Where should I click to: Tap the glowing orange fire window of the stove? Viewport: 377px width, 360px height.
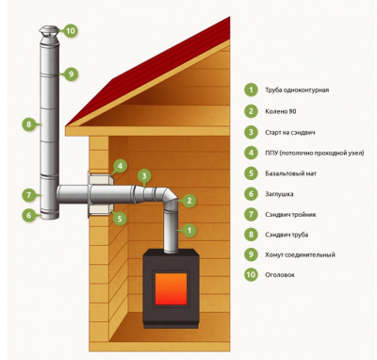pos(172,289)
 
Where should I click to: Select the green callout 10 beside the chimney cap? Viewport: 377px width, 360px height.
pos(71,31)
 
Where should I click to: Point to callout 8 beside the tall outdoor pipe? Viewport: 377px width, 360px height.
pos(29,124)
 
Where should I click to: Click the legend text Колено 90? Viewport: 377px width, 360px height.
pos(281,111)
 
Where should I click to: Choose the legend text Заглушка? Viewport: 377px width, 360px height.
pos(279,194)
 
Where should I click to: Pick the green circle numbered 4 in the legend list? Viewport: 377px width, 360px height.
pos(251,153)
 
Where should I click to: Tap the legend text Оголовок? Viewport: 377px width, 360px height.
pos(280,275)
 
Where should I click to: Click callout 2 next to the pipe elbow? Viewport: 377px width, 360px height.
pos(189,201)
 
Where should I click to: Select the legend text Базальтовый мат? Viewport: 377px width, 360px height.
pos(290,173)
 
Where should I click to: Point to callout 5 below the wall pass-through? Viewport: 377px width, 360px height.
pos(120,218)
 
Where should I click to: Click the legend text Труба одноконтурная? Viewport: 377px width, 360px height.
pos(297,90)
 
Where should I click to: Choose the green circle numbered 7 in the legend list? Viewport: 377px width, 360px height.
pos(251,214)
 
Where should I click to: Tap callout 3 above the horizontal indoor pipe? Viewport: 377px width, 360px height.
pos(144,176)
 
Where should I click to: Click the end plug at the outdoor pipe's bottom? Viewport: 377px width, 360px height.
pos(49,216)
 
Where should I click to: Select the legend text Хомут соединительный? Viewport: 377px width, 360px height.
pos(300,254)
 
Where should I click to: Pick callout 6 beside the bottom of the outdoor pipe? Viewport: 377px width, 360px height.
pos(29,215)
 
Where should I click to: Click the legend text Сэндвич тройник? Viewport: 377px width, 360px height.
pos(290,215)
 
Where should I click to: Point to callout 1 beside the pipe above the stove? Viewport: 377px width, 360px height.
pos(189,230)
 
